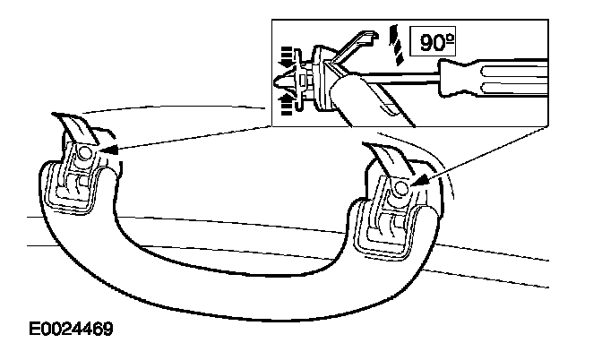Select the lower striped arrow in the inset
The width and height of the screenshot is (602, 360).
(287, 107)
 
